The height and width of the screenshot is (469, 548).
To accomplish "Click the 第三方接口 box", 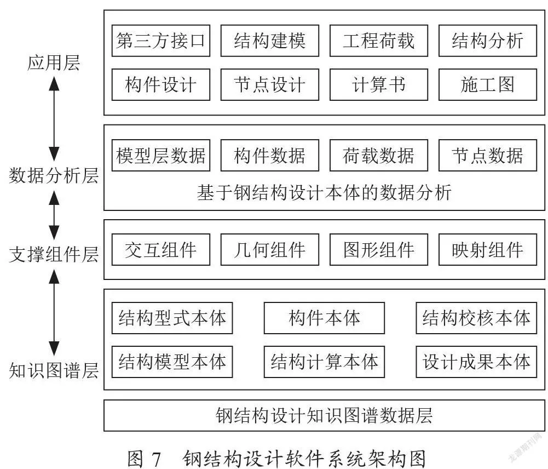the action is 161,41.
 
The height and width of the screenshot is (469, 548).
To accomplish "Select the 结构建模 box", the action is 270,41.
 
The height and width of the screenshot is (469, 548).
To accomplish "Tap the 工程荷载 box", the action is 379,41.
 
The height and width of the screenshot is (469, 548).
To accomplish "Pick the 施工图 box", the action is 488,84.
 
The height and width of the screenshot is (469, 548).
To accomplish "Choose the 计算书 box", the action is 379,84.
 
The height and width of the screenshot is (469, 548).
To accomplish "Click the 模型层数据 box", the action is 161,156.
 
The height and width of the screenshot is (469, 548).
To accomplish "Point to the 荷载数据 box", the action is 379,156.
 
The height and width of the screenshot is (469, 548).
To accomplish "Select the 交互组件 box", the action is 161,250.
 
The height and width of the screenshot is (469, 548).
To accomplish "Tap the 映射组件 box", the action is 488,250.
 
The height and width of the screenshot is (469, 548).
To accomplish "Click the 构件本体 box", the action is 324,318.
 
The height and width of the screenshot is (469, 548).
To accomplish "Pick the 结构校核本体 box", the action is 476,318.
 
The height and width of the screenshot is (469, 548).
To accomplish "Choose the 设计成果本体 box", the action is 476,362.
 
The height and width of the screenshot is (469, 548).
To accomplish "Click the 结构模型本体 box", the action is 172,362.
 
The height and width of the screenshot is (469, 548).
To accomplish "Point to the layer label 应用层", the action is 54,63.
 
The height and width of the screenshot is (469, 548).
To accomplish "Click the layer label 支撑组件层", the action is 54,254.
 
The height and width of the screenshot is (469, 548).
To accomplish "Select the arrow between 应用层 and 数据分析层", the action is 54,119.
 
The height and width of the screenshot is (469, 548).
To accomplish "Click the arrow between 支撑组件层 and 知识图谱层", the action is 54,313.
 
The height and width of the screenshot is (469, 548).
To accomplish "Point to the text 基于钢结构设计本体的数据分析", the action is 324,192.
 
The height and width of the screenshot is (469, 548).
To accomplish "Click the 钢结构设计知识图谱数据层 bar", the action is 324,415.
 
